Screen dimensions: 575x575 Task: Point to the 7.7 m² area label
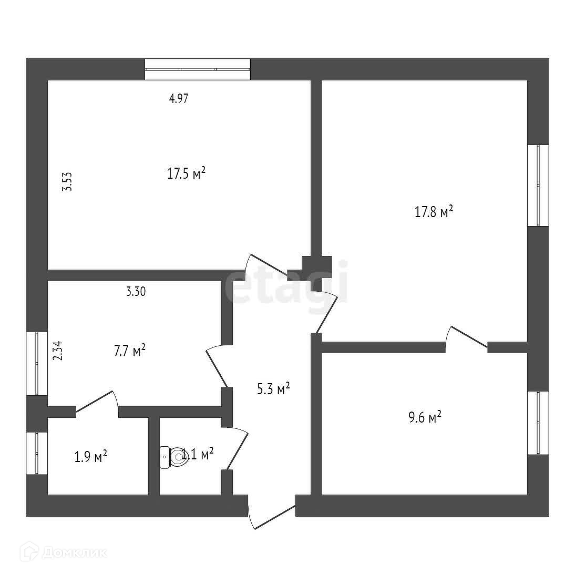130,351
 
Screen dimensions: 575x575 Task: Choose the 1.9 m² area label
91,456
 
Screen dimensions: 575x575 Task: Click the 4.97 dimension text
179,98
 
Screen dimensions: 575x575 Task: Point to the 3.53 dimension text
67,182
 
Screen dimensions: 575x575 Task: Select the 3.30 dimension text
136,292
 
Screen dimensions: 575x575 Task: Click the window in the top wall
197,69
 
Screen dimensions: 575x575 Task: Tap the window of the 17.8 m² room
538,184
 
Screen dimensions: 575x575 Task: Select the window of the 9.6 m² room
538,423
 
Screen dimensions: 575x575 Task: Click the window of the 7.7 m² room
37,363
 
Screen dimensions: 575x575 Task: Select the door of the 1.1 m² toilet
236,447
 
